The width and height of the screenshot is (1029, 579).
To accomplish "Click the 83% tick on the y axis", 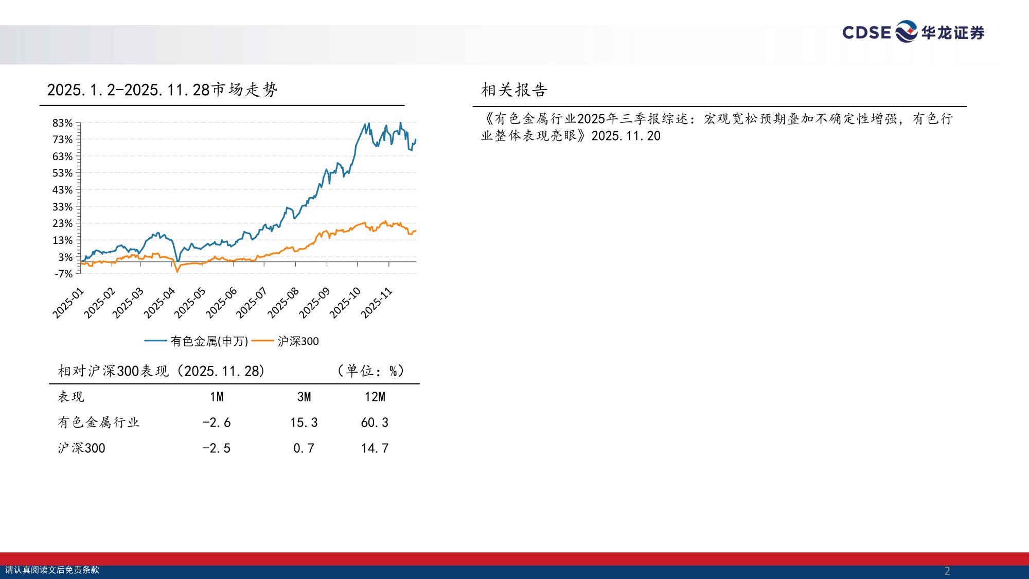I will point(62,123).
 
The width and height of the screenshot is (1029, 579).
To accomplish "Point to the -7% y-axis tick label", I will point(63,274).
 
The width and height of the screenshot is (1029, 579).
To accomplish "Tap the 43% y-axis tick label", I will point(62,190).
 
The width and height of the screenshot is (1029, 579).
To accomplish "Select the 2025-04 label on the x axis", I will point(159,303).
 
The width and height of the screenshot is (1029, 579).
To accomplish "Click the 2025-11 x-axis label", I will point(377,303).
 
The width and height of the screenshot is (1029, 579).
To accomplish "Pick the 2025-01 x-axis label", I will point(68,303).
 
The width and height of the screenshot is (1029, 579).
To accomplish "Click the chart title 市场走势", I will point(162,90).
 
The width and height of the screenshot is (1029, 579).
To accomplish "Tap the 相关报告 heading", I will point(514,90).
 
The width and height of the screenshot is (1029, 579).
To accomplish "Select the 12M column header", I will point(375,397).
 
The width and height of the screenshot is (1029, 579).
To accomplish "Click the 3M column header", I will point(304,397).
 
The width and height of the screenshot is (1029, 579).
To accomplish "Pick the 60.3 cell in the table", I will point(375,423).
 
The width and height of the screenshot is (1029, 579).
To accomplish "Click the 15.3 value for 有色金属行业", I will point(304,423).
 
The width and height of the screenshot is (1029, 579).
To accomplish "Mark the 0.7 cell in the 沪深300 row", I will point(304,448).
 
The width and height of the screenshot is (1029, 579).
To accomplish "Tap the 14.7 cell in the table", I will point(375,448).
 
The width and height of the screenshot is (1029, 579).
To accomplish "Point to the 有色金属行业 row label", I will point(98,423).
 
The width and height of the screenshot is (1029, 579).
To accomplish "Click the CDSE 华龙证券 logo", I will point(913,32).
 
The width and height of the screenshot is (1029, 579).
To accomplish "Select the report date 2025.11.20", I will point(626,136).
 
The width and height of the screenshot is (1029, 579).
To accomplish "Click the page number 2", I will point(947,571).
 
